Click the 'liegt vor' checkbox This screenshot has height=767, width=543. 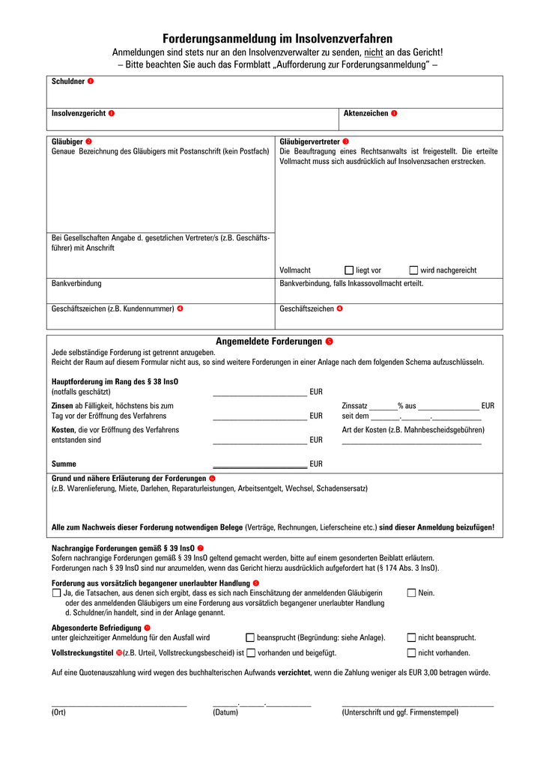point(349,270)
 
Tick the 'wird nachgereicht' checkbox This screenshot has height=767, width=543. point(413,270)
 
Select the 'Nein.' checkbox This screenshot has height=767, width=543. point(411,593)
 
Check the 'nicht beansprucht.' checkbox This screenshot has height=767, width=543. point(411,638)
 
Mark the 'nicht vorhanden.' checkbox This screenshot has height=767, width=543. point(411,653)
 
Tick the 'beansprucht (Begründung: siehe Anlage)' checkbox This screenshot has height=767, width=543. point(250,638)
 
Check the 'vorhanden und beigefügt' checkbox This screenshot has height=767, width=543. point(251,653)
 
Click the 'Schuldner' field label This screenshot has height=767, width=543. point(67,81)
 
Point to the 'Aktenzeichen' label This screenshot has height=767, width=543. point(365,113)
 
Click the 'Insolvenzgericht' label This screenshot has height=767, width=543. point(78,113)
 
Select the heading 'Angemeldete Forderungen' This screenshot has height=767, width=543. point(268,342)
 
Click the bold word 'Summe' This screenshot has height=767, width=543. point(64,464)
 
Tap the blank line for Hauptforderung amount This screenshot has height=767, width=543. point(259,392)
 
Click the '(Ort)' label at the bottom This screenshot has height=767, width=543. point(58,712)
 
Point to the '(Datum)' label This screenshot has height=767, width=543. point(225,712)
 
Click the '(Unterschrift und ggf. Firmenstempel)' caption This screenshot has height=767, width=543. point(400,712)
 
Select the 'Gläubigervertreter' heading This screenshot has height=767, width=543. point(309,142)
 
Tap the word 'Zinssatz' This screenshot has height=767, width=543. point(355,406)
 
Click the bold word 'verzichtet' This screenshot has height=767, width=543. point(294,673)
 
